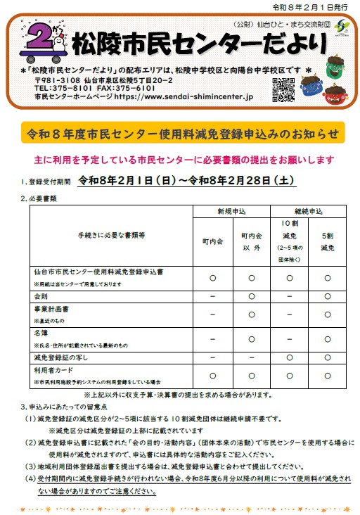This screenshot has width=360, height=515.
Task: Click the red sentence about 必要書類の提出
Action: click(x=183, y=160)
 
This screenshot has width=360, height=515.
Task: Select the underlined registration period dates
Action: click(x=186, y=181)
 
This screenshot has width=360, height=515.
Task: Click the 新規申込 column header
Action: click(x=232, y=211)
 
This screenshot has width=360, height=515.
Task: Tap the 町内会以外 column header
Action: click(x=252, y=241)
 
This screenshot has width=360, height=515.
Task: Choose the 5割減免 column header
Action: click(x=327, y=241)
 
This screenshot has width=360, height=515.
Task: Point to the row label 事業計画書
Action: click(x=51, y=310)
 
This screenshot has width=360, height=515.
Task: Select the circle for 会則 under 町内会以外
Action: click(x=252, y=297)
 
